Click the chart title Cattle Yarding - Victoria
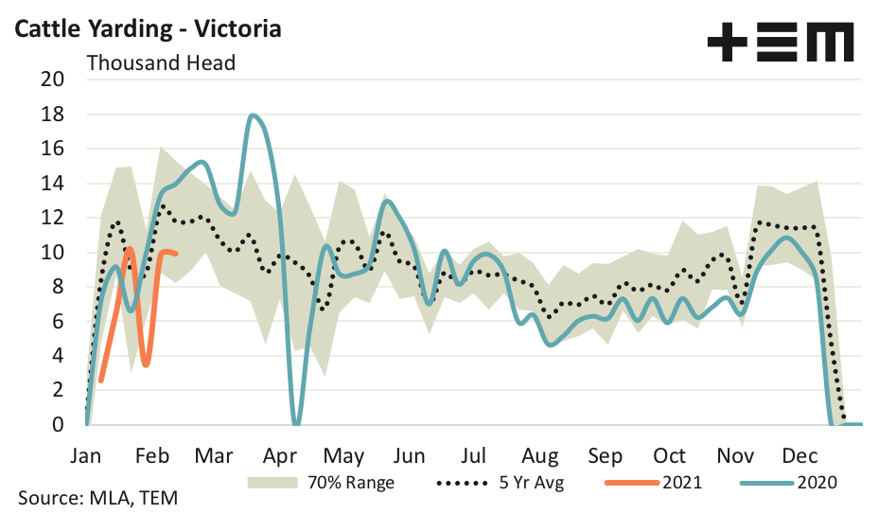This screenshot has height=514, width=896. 147,28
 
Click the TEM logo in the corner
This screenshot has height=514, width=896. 780,43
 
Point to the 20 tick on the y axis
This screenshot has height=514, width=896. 52,80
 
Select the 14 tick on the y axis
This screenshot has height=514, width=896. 52,183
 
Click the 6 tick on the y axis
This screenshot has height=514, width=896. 57,321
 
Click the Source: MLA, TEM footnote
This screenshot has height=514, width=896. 97,498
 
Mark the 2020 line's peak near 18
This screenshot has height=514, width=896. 254,115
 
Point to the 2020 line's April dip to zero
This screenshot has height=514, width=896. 296,422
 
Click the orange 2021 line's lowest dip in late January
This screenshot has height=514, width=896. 145,364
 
